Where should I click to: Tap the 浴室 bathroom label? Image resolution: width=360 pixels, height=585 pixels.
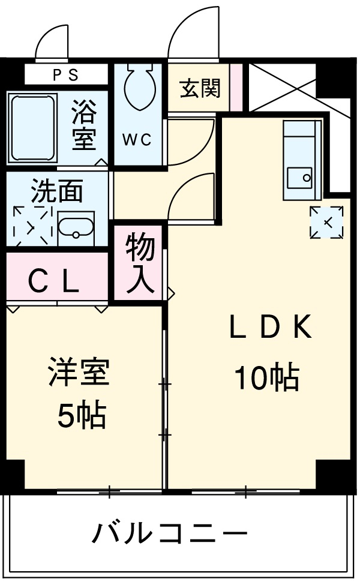84,125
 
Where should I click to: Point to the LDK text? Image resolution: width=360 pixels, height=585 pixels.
270,328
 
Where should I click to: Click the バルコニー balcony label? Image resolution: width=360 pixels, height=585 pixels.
170,533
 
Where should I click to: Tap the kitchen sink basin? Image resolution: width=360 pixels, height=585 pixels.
300,178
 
